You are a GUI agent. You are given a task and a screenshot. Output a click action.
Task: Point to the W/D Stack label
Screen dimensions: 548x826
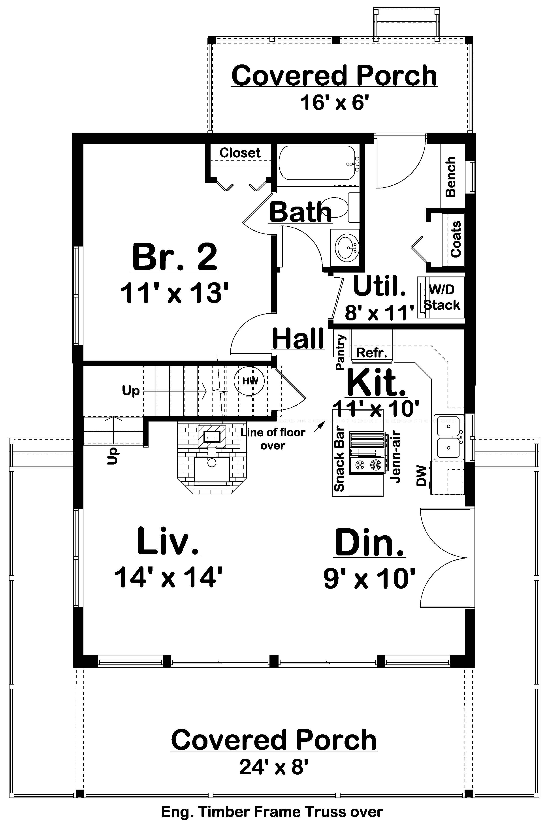[x=442, y=297]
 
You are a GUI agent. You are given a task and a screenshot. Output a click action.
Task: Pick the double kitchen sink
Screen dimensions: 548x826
[x=449, y=437]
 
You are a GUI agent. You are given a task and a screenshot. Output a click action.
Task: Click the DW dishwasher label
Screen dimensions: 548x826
[x=422, y=476]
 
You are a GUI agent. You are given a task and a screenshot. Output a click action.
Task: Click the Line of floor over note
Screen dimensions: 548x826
[x=273, y=439]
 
